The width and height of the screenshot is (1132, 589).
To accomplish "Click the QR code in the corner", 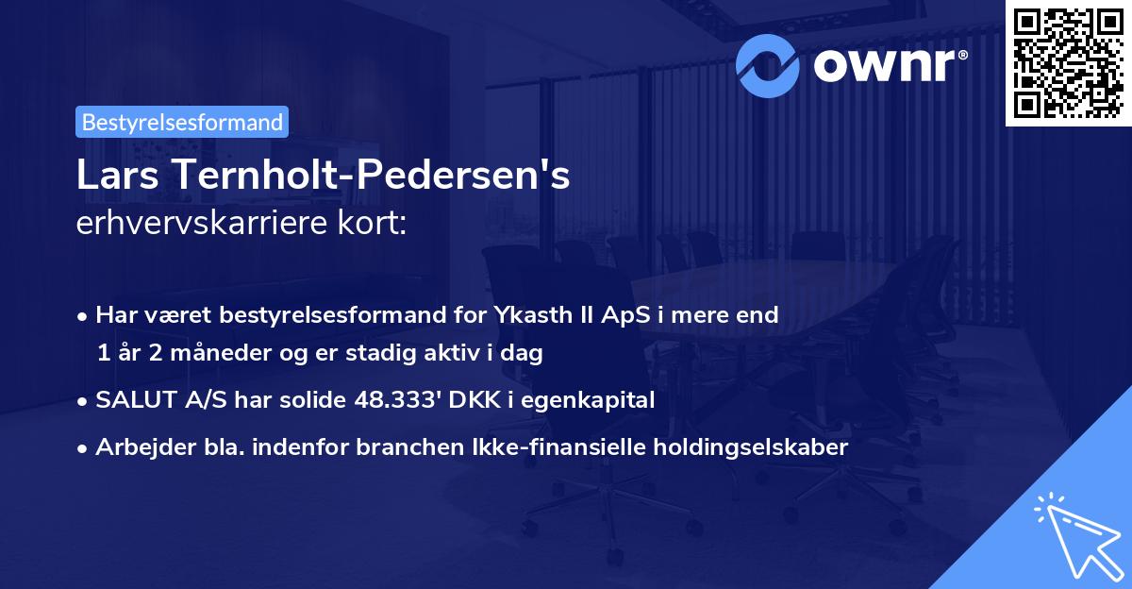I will click(x=1069, y=61).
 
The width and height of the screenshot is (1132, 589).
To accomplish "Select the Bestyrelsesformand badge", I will click(x=182, y=122).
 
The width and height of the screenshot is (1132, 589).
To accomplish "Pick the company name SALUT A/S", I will click(x=149, y=400).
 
